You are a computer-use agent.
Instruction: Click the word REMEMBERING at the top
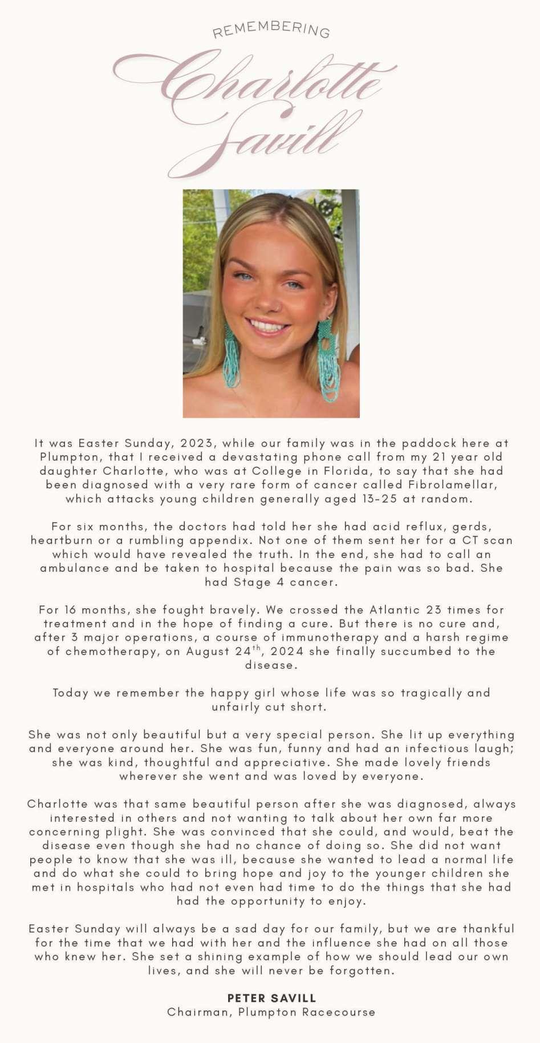click(x=271, y=30)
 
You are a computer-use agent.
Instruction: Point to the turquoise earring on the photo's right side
click(x=328, y=359)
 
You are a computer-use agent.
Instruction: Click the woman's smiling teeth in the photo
click(x=267, y=327)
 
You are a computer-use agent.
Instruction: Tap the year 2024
click(x=286, y=652)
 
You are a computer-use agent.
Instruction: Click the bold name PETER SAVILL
click(x=271, y=998)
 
